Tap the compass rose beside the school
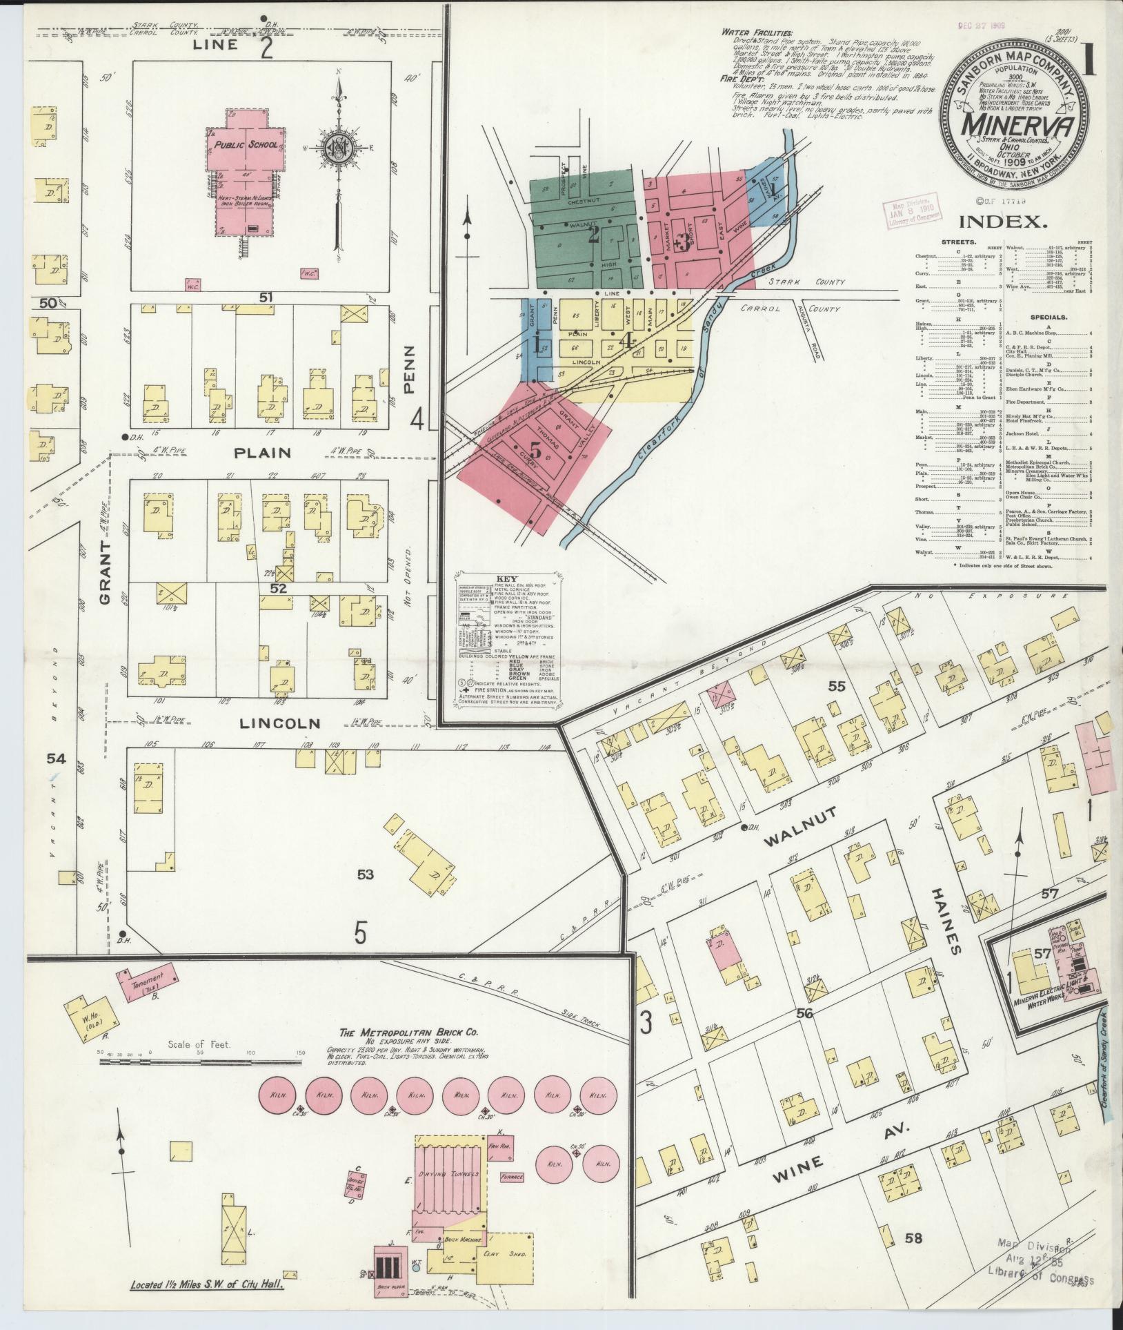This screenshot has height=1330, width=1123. [337, 148]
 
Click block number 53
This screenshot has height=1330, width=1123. [366, 874]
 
